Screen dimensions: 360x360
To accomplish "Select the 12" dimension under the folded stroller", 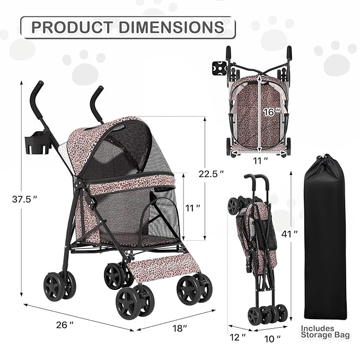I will [x=240, y=337].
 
